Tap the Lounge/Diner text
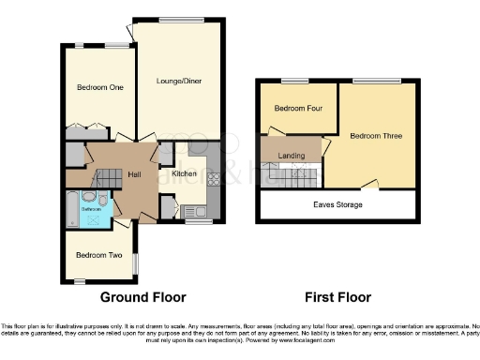coord(179,82)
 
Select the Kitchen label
coord(184,173)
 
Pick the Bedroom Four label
coord(292,108)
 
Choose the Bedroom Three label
coord(376,136)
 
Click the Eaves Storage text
coord(337,204)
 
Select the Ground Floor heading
coord(143,297)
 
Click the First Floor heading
coord(337,297)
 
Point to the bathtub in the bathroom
coord(73,209)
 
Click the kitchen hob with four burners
coord(213,180)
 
